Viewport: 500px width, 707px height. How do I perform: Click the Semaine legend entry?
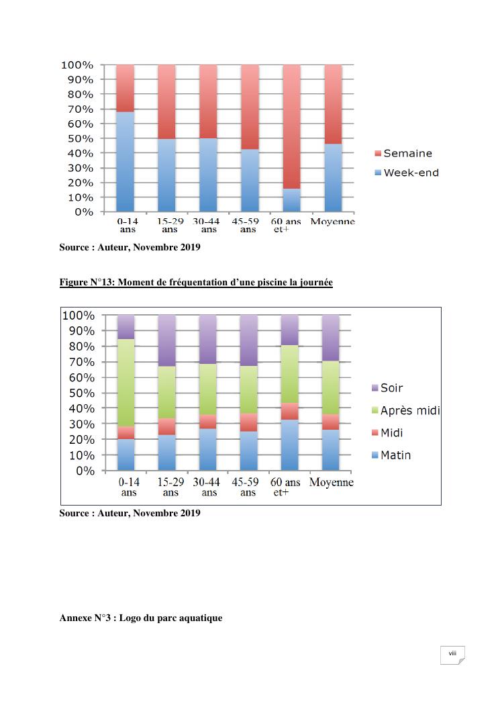click(407, 154)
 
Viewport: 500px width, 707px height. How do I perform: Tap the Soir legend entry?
click(391, 388)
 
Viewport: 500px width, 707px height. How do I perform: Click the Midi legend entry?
click(391, 433)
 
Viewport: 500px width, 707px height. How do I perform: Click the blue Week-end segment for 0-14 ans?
click(126, 161)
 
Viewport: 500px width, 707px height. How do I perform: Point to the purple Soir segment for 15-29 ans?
click(167, 340)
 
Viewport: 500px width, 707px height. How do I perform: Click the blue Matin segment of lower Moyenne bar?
click(331, 450)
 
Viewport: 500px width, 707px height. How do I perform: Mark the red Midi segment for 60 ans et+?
click(289, 411)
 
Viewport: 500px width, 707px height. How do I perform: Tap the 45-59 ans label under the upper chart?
click(248, 225)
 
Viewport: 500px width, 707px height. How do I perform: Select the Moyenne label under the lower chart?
click(331, 483)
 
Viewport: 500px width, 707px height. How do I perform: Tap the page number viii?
click(452, 653)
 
